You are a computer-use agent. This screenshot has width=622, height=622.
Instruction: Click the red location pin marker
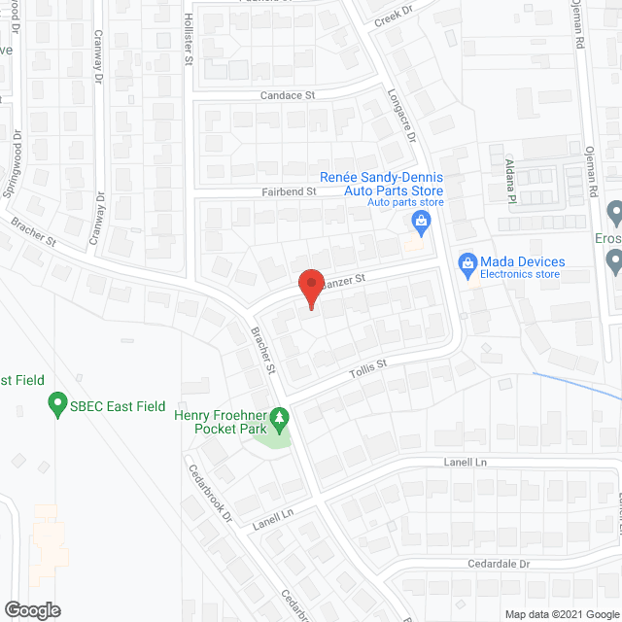309,288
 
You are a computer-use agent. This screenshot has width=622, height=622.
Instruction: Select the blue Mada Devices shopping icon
466,263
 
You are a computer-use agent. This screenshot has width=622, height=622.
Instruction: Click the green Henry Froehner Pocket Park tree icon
280,420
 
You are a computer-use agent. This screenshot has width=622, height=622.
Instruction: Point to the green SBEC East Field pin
57,403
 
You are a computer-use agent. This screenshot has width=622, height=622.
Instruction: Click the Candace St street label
289,95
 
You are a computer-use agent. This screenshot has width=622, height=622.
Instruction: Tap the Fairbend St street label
289,192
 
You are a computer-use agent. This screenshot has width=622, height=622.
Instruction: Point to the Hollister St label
189,39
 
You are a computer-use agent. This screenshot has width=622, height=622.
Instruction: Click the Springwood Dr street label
16,164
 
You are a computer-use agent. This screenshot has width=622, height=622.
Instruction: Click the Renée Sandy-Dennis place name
382,178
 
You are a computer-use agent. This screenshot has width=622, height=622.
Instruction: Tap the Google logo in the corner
32,609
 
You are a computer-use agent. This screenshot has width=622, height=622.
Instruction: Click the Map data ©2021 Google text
560,613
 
